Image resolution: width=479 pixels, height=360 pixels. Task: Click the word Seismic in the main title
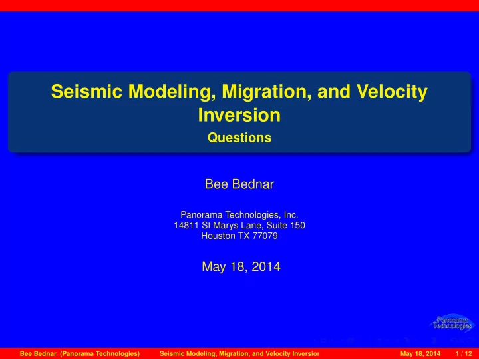(x=86, y=91)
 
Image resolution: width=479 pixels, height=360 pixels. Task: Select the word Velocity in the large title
(x=392, y=92)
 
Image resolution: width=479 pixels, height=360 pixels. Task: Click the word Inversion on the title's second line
(x=239, y=115)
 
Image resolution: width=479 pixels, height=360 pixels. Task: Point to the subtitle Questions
(x=239, y=138)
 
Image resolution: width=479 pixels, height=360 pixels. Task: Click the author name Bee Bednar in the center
(x=239, y=184)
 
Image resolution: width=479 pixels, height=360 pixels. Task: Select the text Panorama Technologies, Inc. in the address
(x=239, y=215)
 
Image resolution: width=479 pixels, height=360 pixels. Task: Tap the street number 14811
(x=186, y=225)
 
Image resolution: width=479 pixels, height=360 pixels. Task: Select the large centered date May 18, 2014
(x=241, y=266)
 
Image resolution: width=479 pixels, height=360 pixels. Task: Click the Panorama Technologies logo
(x=452, y=323)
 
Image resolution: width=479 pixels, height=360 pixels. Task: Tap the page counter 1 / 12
(x=464, y=353)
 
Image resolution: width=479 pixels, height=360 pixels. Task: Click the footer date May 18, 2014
(x=420, y=353)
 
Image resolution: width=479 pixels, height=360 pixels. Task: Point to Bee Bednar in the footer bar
(x=38, y=353)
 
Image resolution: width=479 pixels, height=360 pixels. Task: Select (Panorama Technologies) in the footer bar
(x=100, y=353)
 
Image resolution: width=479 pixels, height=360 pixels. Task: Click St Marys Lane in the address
(x=232, y=225)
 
